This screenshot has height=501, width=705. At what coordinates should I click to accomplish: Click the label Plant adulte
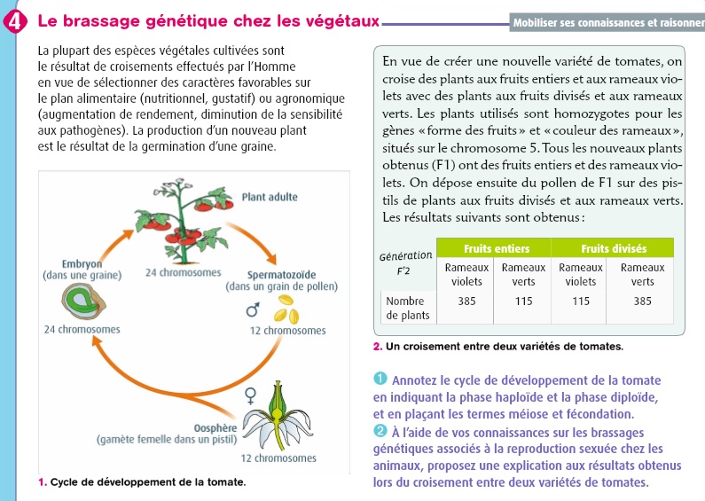coord(269,196)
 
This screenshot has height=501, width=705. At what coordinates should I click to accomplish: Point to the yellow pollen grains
coord(285,311)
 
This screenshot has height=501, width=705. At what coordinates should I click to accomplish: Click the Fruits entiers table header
coord(494,248)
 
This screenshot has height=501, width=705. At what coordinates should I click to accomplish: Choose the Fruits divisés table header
coord(613,248)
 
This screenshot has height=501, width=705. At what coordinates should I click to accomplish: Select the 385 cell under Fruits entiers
coord(466,301)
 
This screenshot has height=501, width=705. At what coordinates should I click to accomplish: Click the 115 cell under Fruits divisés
coord(580,301)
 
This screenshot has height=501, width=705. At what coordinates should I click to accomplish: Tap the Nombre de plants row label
coord(408,308)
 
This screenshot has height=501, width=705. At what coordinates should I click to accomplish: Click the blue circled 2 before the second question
coord(380,430)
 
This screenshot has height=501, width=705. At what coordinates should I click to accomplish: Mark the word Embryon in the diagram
coord(81,264)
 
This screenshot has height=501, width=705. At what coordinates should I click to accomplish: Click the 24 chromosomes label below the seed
coord(82,330)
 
